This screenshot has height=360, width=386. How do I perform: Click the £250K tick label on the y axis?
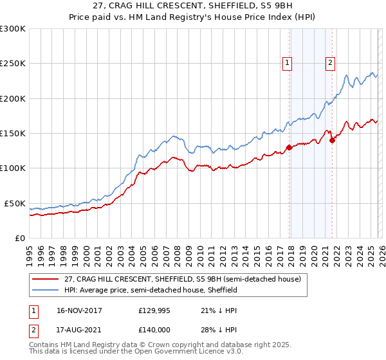point(13,64)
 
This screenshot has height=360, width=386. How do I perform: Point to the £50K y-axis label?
point(15,203)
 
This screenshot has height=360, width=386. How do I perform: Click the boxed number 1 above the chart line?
point(286,63)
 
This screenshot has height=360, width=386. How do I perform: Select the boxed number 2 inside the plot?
point(329,63)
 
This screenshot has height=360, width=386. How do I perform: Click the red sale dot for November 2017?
point(289,147)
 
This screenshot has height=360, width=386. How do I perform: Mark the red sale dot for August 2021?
point(332,141)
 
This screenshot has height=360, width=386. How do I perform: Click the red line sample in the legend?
point(46,280)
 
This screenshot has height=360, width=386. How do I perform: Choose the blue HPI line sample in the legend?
point(46,291)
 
